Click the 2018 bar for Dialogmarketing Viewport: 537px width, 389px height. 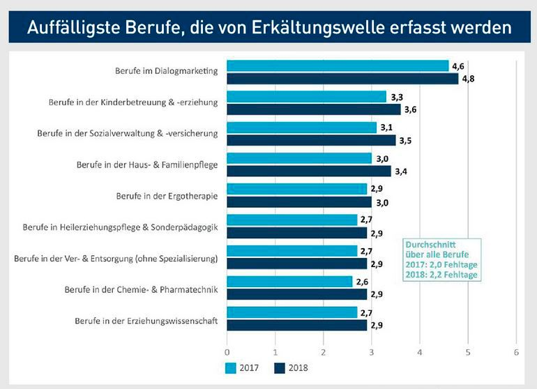point(342,79)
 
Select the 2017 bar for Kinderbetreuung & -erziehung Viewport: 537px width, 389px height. point(306,97)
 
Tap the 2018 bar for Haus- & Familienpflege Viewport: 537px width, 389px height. point(309,171)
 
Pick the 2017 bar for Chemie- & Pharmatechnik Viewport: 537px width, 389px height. point(289,282)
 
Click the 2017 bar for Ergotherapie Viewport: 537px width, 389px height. point(296,189)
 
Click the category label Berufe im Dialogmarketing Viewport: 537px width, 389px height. point(167,71)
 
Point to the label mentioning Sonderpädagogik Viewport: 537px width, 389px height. point(120,227)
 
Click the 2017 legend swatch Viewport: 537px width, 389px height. point(232,367)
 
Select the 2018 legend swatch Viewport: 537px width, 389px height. point(280,367)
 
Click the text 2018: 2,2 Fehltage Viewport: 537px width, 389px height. point(442,274)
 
